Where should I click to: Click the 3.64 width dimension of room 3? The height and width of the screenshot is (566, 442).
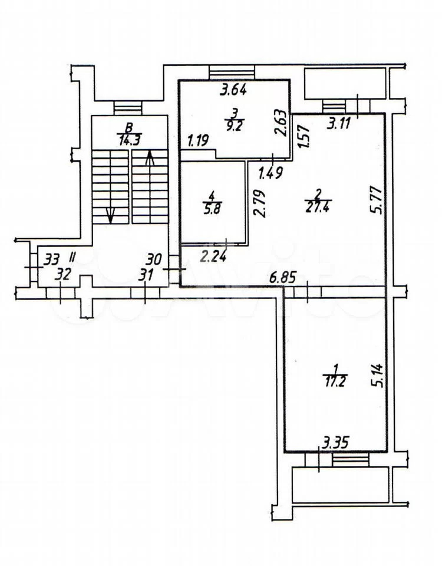[233, 90]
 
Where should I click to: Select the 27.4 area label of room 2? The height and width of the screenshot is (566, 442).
[317, 208]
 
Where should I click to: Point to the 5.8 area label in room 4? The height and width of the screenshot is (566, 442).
[212, 210]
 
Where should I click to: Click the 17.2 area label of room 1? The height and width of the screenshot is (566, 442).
[335, 381]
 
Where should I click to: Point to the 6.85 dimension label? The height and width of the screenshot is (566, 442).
[283, 278]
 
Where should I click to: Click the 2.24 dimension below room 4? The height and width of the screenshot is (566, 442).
[213, 256]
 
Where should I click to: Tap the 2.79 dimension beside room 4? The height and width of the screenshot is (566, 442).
[259, 203]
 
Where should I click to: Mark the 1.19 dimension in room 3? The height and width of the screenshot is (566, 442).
[198, 140]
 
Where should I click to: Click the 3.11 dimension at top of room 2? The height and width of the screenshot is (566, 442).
[338, 124]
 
